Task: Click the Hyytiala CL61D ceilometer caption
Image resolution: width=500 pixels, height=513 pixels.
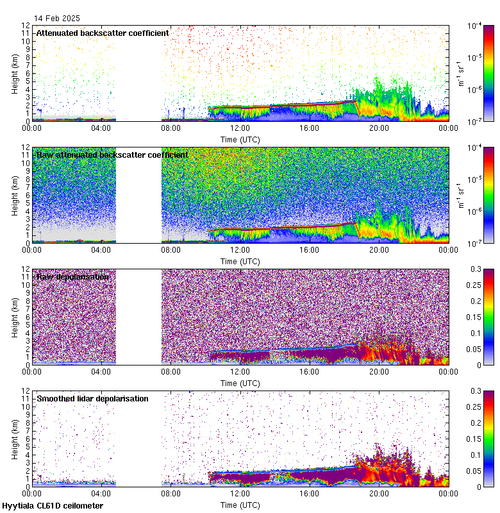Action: [53, 506]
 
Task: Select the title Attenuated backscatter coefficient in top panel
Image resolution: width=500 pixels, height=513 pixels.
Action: [103, 33]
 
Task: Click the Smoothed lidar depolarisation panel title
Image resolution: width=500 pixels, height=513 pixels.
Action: [92, 398]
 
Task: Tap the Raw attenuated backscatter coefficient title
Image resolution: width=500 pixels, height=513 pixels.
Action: [112, 155]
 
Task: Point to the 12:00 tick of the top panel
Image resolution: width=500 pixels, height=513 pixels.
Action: [240, 128]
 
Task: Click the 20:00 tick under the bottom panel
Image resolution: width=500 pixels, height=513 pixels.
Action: [379, 493]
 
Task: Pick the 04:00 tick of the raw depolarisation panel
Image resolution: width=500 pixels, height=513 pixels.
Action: [101, 371]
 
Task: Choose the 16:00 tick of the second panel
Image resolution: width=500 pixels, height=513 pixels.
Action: [310, 249]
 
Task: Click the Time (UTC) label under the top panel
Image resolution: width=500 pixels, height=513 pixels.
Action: [240, 139]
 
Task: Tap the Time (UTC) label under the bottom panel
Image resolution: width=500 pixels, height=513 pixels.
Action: [240, 505]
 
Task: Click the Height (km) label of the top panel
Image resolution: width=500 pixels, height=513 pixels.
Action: [15, 73]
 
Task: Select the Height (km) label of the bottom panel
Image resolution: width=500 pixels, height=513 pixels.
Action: [15, 439]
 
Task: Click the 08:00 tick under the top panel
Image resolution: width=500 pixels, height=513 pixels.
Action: [171, 128]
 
